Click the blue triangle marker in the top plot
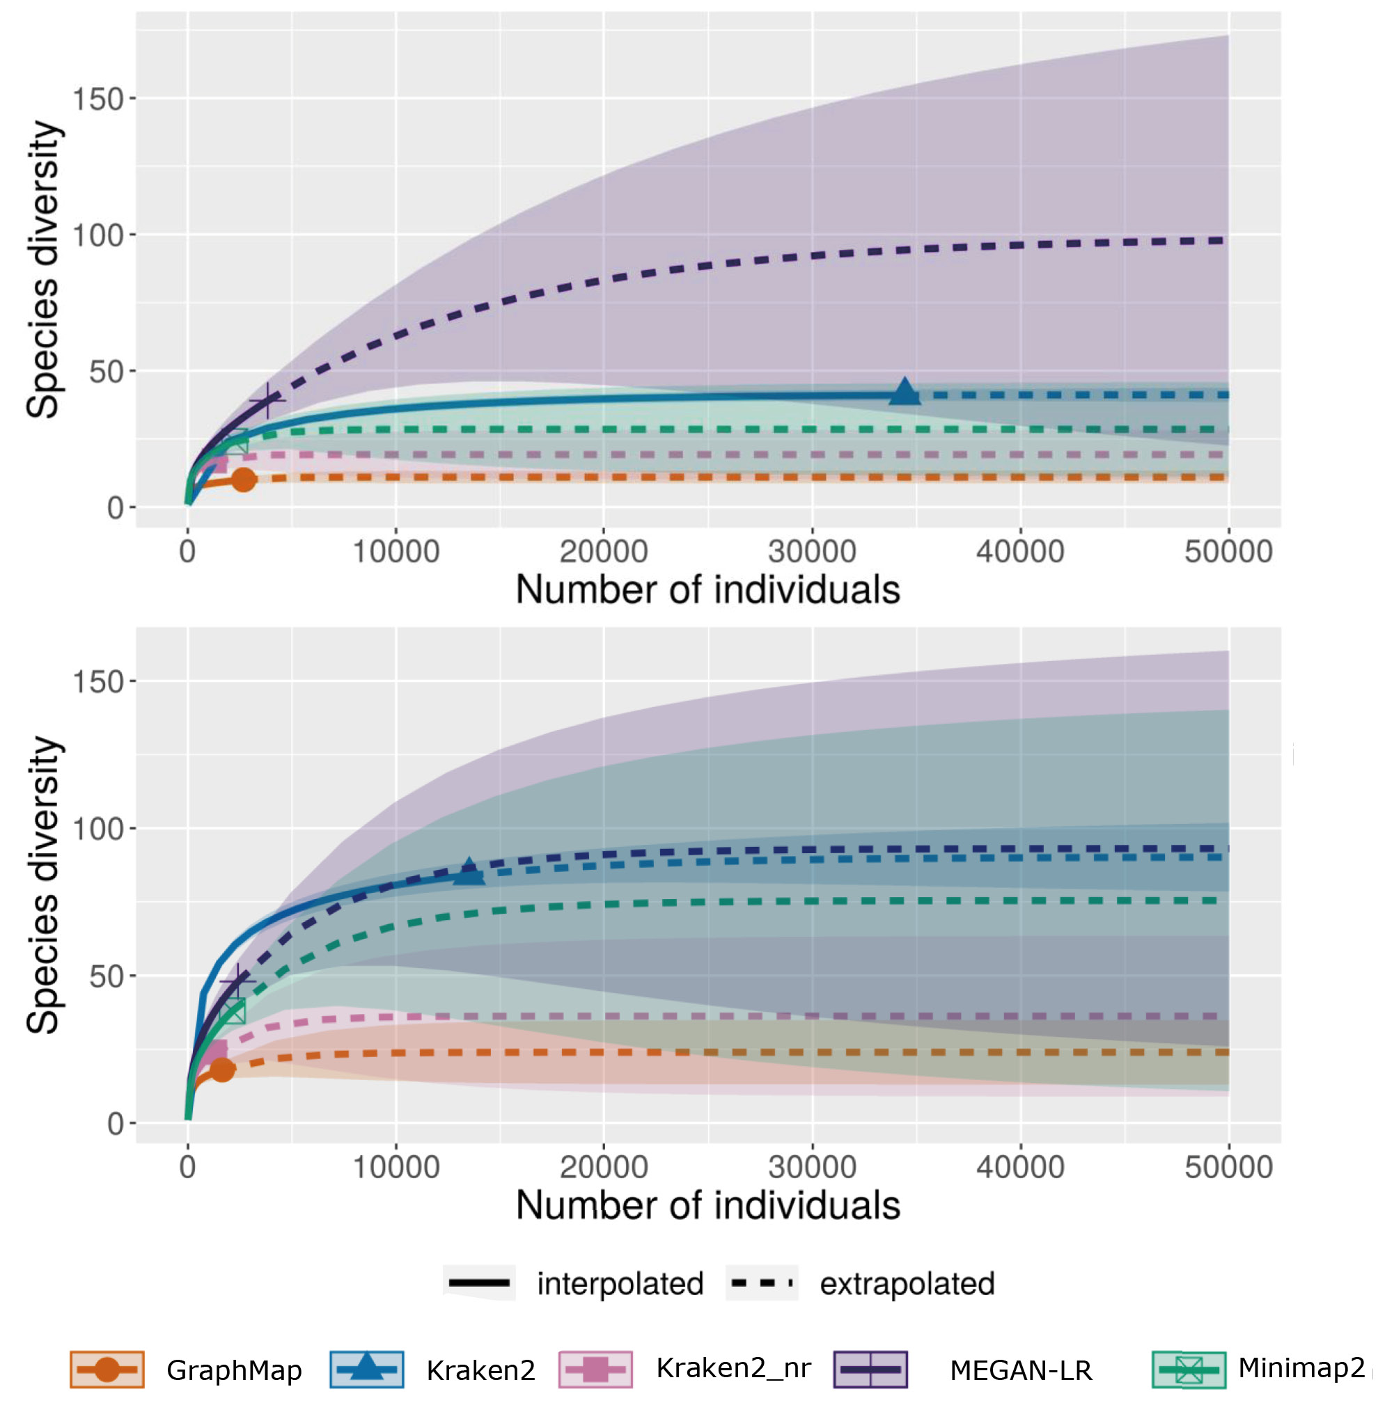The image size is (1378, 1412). point(905,392)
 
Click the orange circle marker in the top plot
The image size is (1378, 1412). point(244,479)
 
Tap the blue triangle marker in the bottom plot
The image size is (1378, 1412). point(469,873)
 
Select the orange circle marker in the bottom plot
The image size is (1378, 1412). point(222,1069)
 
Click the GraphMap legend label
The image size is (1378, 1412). point(234,1370)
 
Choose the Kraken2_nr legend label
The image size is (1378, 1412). point(733,1368)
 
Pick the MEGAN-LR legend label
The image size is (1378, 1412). point(1021,1370)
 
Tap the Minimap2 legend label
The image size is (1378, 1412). point(1301,1368)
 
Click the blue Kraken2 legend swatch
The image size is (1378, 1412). point(366,1370)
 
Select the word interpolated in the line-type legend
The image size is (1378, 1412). point(620,1284)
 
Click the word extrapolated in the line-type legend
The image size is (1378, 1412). point(907,1284)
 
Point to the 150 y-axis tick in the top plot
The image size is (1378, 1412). point(98,99)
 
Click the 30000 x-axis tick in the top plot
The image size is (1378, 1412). point(812,552)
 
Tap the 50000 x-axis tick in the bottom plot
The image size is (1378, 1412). point(1228,1168)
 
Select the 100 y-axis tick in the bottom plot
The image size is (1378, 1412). point(98,829)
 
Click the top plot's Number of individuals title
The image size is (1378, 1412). point(708,589)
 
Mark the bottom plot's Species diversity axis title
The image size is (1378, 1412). point(43,885)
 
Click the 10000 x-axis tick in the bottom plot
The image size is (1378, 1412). point(396,1168)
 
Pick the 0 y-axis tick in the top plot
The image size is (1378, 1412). point(115,508)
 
